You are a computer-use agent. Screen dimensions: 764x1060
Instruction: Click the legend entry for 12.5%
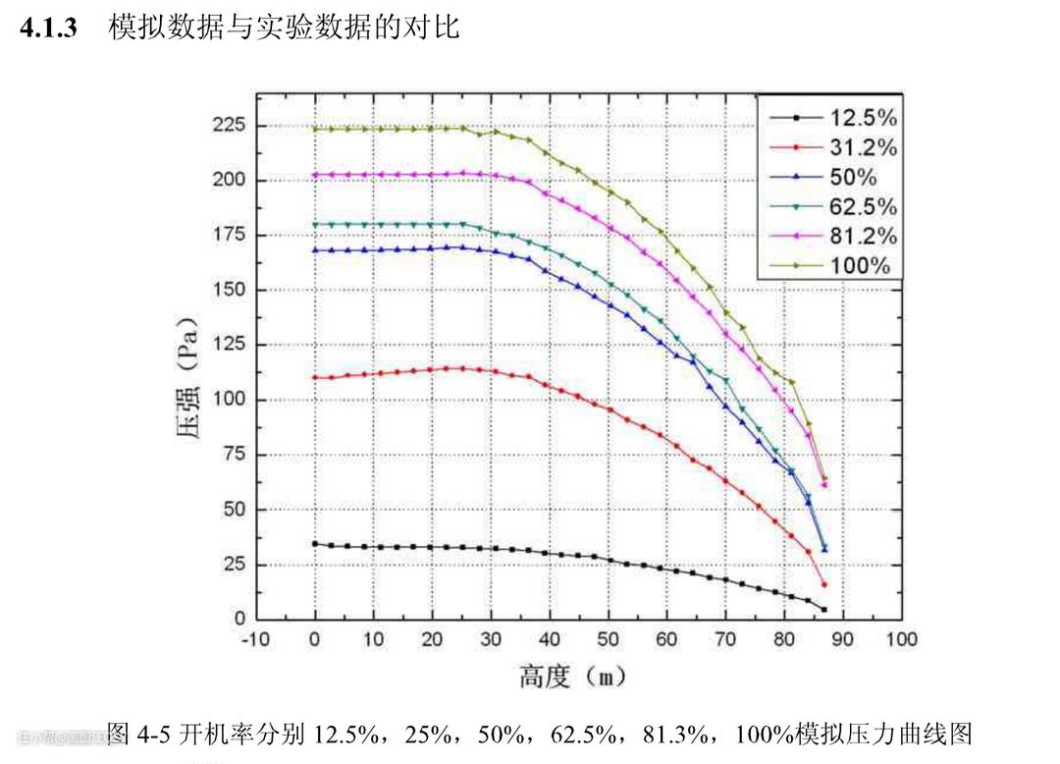[x=863, y=118]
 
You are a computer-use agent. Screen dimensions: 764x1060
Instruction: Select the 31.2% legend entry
[x=863, y=147]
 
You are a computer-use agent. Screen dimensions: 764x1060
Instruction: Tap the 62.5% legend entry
[x=863, y=206]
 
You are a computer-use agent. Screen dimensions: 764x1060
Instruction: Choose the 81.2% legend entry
[x=863, y=236]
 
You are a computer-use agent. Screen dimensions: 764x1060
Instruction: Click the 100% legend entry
[x=860, y=265]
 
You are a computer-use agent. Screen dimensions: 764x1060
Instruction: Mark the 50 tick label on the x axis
[x=609, y=639]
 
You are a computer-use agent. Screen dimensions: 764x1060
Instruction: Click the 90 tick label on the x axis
[x=843, y=639]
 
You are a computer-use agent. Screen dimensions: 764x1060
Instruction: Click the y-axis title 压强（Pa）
[x=189, y=378]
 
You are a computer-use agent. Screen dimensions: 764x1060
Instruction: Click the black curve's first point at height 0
[x=315, y=543]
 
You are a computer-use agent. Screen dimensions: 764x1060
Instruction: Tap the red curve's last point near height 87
[x=824, y=584]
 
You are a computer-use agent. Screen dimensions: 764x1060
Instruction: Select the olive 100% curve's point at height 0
[x=315, y=129]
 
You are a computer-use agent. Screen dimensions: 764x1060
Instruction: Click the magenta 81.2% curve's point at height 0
[x=315, y=175]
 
